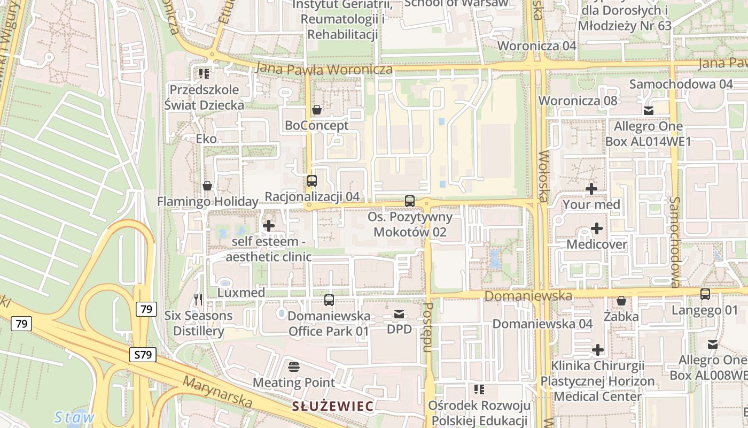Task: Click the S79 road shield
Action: pos(143,354)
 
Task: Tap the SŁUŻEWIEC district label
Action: pos(332,406)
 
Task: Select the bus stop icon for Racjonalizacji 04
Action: pos(312,181)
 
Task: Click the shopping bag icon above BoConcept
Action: pos(317,110)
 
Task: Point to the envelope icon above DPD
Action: pos(399,314)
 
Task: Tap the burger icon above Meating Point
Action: pos(293,367)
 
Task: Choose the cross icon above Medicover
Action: pos(596,228)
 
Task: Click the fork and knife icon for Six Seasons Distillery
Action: pos(198,300)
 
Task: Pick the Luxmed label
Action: pos(241,293)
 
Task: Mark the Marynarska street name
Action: pos(217,391)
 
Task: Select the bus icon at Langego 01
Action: pos(705,294)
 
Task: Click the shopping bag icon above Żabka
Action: pos(621,301)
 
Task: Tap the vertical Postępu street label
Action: pos(427,327)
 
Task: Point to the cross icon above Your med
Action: pos(591,189)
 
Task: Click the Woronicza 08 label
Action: pos(578,101)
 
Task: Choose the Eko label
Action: pos(206,139)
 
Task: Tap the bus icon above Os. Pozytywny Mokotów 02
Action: pos(410,201)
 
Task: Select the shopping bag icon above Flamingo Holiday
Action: pos(207,186)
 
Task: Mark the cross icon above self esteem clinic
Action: pos(269,226)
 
